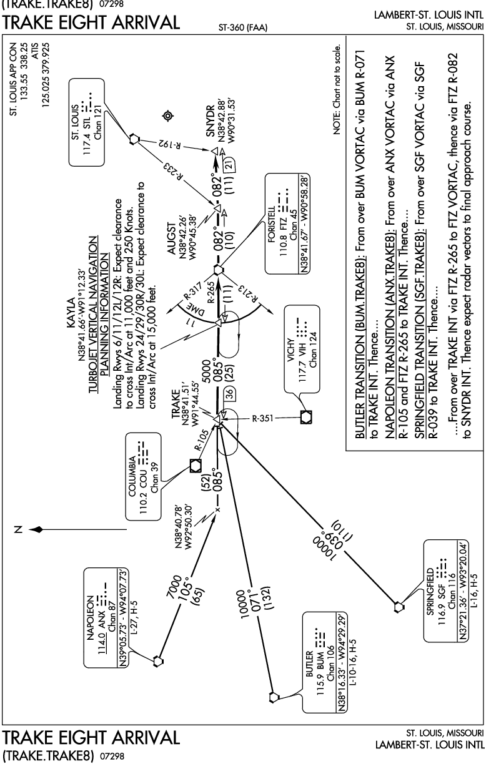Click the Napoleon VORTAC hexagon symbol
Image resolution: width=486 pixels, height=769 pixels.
[157, 661]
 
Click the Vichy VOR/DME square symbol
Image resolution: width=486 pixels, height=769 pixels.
[306, 418]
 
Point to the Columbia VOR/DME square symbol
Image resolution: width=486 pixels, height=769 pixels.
[196, 466]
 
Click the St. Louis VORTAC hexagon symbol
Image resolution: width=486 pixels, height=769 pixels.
[134, 139]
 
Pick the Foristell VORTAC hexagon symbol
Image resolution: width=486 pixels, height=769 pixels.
[217, 270]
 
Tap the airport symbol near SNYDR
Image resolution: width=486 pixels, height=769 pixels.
[167, 116]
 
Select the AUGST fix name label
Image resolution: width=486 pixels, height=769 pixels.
[171, 238]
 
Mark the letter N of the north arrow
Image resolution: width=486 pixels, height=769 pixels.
[18, 530]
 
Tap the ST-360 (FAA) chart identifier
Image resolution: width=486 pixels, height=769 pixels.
[242, 28]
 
